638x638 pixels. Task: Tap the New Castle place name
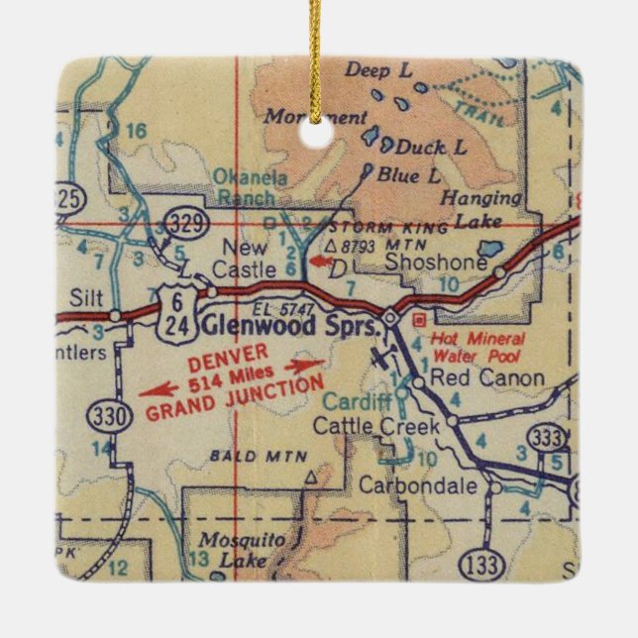[245, 257]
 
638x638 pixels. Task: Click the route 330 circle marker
[107, 415]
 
